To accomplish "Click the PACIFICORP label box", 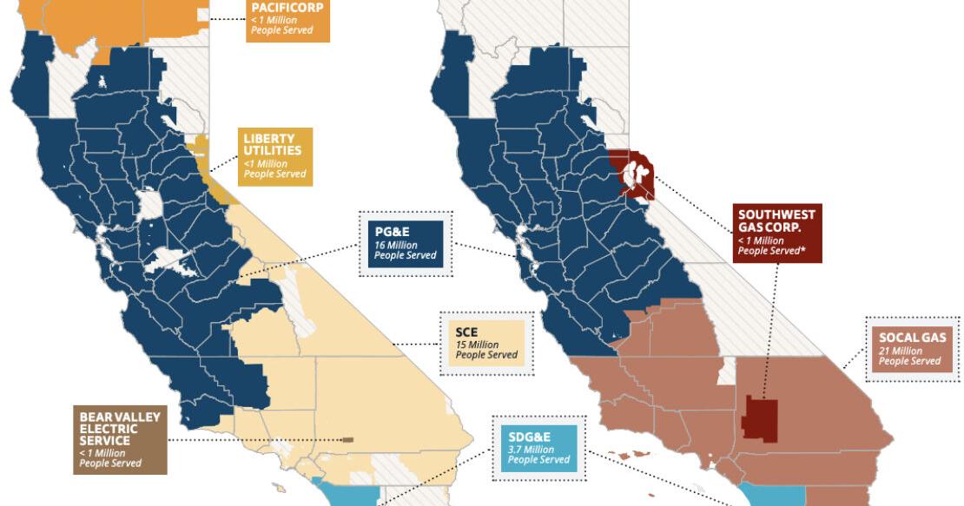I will pyautogui.click(x=286, y=20).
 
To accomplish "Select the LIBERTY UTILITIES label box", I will pyautogui.click(x=275, y=156).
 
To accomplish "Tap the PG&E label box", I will pyautogui.click(x=406, y=243).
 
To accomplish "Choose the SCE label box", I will pyautogui.click(x=486, y=344).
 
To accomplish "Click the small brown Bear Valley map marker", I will pyautogui.click(x=347, y=439).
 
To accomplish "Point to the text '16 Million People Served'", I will pyautogui.click(x=401, y=251).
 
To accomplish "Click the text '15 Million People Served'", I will pyautogui.click(x=485, y=350).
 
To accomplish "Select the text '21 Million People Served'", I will pyautogui.click(x=909, y=356).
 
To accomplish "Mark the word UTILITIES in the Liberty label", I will pyautogui.click(x=274, y=151).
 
